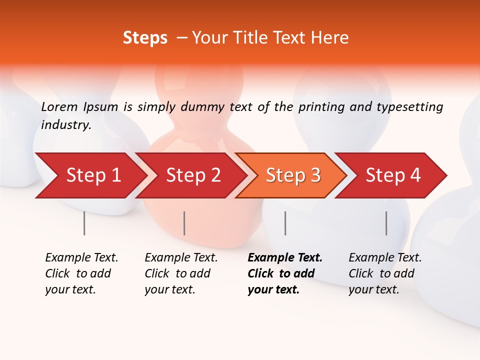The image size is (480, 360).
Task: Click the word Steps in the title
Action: click(145, 38)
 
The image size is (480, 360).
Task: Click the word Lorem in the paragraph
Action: click(59, 106)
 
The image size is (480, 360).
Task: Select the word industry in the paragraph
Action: click(66, 125)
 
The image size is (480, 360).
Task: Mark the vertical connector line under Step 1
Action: click(84, 223)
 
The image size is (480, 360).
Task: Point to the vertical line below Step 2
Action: click(184, 223)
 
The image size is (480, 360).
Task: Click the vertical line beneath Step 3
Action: click(285, 223)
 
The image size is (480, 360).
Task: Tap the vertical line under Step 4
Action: click(386, 223)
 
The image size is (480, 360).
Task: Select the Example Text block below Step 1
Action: click(81, 273)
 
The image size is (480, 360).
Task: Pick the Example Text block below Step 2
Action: click(181, 273)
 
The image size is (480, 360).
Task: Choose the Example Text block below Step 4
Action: click(385, 273)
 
